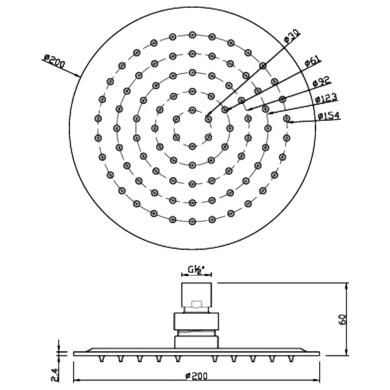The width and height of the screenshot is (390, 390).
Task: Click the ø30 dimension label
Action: pos(292,37)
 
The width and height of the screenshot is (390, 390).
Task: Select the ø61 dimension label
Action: pos(313,62)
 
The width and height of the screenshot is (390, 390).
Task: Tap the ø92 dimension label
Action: pos(321,82)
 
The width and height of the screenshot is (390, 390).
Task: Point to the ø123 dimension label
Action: pos(326,98)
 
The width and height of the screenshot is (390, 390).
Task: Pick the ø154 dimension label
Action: pos(329,116)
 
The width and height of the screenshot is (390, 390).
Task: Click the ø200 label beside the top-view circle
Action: pos(54,61)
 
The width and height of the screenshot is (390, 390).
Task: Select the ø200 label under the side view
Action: pos(197,376)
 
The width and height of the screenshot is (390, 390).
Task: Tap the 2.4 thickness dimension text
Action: pos(55,374)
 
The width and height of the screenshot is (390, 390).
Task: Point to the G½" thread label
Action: pos(196,270)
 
